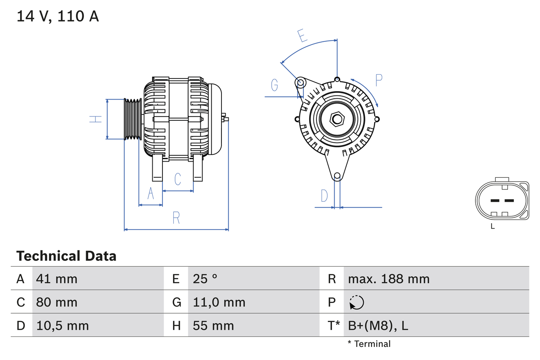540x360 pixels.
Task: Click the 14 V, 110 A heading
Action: [57, 16]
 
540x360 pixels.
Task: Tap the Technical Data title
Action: [66, 256]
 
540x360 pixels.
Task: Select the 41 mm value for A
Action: [57, 279]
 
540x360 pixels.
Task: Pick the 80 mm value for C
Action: [57, 302]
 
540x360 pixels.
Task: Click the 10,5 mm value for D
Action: [62, 325]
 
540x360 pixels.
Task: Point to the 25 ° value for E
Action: [205, 279]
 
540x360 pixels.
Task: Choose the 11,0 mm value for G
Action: [219, 302]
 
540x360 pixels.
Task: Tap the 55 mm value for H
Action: [213, 325]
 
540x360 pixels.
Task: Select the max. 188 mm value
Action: [389, 279]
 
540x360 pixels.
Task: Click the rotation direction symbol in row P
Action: [356, 302]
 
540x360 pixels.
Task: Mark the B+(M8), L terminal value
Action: [378, 325]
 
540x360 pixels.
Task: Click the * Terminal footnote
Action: [369, 344]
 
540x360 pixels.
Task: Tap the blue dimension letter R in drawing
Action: [176, 218]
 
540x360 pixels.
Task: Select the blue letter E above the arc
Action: [302, 36]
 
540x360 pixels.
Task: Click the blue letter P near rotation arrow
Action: [378, 80]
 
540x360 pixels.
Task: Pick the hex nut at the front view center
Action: [337, 119]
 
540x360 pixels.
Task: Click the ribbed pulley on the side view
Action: [132, 119]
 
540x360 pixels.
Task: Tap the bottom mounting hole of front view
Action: [337, 176]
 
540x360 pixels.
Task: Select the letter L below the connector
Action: [492, 227]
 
